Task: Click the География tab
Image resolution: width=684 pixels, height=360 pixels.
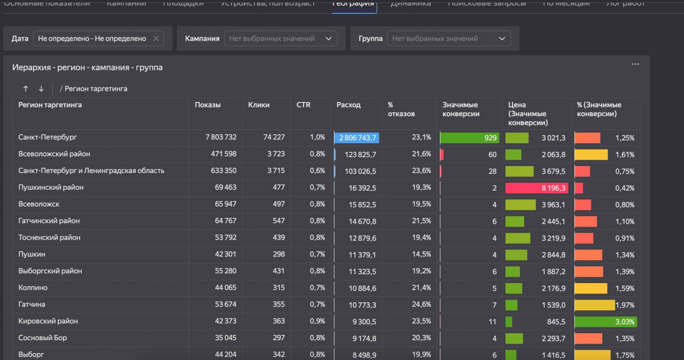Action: click(353, 4)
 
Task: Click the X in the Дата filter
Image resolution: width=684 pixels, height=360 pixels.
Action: click(156, 38)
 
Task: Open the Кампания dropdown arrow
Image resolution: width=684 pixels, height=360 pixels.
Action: click(329, 38)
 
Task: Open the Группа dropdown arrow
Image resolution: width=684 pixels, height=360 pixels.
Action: click(502, 38)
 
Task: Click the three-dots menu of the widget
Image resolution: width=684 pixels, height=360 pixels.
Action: click(635, 64)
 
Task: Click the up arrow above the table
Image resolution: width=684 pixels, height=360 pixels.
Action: click(25, 89)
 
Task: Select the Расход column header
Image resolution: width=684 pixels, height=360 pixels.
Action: click(348, 105)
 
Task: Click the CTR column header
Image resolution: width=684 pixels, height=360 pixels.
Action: click(303, 105)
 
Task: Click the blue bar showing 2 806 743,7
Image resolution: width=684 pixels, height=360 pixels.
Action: click(357, 138)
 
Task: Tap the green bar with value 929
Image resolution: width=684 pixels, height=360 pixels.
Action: click(469, 138)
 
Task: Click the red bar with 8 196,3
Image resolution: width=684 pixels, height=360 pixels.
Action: click(536, 188)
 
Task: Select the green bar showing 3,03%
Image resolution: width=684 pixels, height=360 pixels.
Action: click(605, 322)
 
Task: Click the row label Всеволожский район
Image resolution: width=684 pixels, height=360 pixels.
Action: click(54, 154)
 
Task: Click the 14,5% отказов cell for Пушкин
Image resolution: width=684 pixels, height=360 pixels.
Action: click(421, 254)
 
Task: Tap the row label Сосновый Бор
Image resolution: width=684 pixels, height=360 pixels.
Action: click(43, 338)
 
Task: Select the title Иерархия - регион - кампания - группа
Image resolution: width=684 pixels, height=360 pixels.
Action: click(87, 67)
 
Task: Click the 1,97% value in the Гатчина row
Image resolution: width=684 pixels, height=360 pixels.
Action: click(625, 305)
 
